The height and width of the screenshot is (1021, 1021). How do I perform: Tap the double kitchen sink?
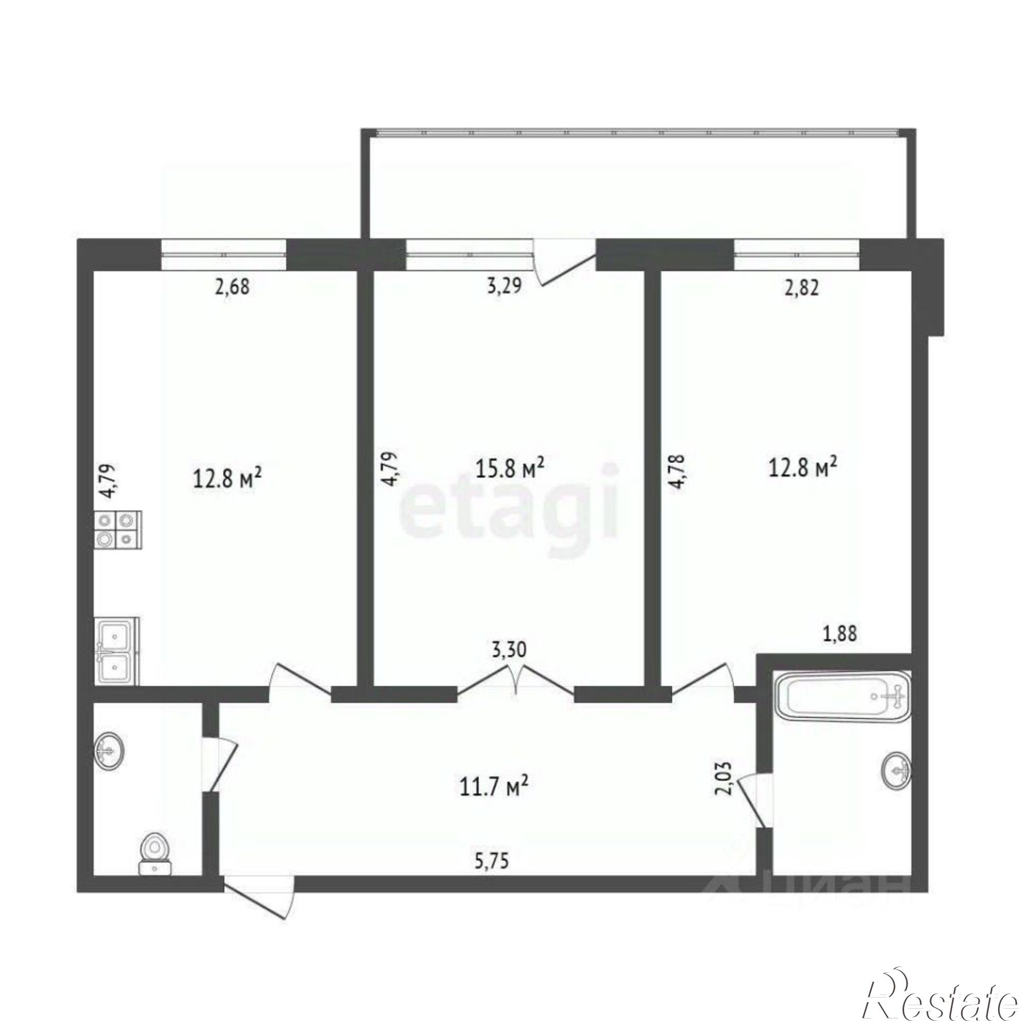tap(117, 651)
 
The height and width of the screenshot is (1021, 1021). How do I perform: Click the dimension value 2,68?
tap(230, 288)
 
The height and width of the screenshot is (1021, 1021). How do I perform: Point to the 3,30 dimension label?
tap(508, 664)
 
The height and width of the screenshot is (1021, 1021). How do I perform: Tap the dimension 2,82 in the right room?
tap(801, 288)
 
